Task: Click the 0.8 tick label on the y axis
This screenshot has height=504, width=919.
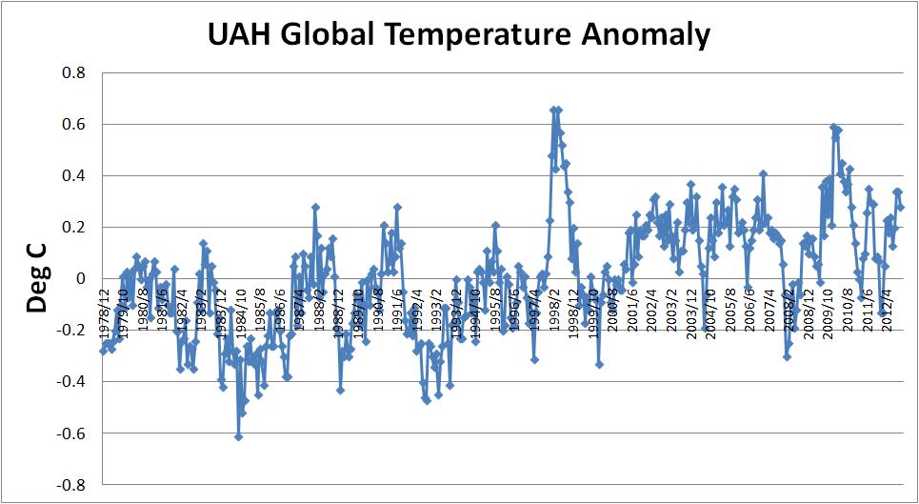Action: coord(73,73)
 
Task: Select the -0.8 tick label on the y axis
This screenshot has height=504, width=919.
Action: coord(70,485)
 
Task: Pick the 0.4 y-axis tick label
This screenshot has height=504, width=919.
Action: coord(73,176)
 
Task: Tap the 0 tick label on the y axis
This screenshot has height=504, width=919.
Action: coord(81,279)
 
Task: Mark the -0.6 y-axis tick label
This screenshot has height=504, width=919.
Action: coord(70,433)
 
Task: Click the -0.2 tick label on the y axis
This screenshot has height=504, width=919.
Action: coord(70,331)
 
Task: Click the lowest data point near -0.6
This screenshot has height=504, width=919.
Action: coord(238,436)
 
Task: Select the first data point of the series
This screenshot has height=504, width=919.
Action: coord(102,351)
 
